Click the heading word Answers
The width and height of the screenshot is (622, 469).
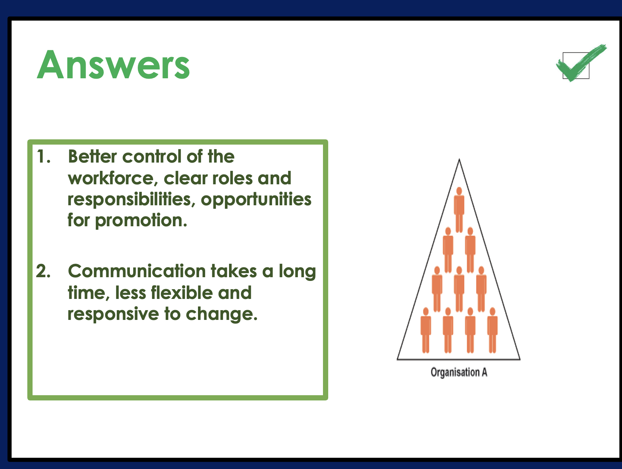coord(113,64)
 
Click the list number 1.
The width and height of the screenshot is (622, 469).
coord(44,157)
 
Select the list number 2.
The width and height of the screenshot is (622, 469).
coord(43,271)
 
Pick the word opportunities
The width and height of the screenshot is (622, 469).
coord(256,200)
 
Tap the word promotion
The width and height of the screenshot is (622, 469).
coord(141,221)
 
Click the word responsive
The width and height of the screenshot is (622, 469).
coord(113,315)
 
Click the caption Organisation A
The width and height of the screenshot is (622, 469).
coord(459,372)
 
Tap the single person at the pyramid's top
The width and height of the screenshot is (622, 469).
coord(459,209)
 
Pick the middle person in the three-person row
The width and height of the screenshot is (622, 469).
coord(459,289)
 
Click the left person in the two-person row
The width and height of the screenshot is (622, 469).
coord(448,250)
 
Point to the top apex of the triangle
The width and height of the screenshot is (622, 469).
coord(459,159)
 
